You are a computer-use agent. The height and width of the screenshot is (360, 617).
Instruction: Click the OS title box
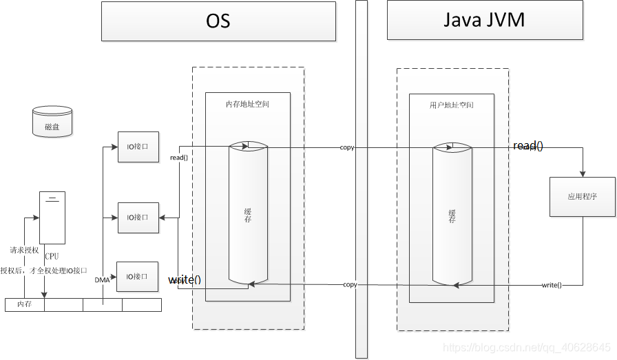coord(218,21)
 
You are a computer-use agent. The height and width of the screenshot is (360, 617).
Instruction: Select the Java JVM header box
coord(484,21)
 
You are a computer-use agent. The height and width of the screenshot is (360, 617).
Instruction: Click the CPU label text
coord(52,256)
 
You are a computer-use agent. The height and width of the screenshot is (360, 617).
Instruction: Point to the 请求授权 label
coord(24,250)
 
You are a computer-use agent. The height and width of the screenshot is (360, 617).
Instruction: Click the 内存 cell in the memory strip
coord(24,304)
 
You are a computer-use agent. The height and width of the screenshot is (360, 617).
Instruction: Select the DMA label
coord(102,279)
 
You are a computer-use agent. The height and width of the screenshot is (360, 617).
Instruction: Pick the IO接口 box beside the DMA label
coord(138,277)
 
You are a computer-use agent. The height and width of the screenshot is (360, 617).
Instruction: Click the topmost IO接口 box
coord(138,147)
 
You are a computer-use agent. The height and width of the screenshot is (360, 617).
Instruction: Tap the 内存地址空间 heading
coord(247,104)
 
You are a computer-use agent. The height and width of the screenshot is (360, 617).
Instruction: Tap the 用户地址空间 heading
coord(451,105)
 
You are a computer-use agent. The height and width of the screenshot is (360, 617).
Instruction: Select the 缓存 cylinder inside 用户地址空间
coord(452,215)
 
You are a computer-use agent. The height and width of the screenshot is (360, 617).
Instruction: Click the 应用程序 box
coord(582,197)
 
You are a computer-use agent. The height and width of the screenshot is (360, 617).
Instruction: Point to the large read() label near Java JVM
coord(528,146)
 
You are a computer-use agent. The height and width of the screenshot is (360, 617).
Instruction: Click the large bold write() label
coord(185,279)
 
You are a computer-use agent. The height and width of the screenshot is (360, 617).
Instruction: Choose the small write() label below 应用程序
coord(552,285)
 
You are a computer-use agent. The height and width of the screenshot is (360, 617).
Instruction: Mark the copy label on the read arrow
coord(347,147)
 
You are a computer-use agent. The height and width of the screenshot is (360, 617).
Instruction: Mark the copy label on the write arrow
coord(350,284)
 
